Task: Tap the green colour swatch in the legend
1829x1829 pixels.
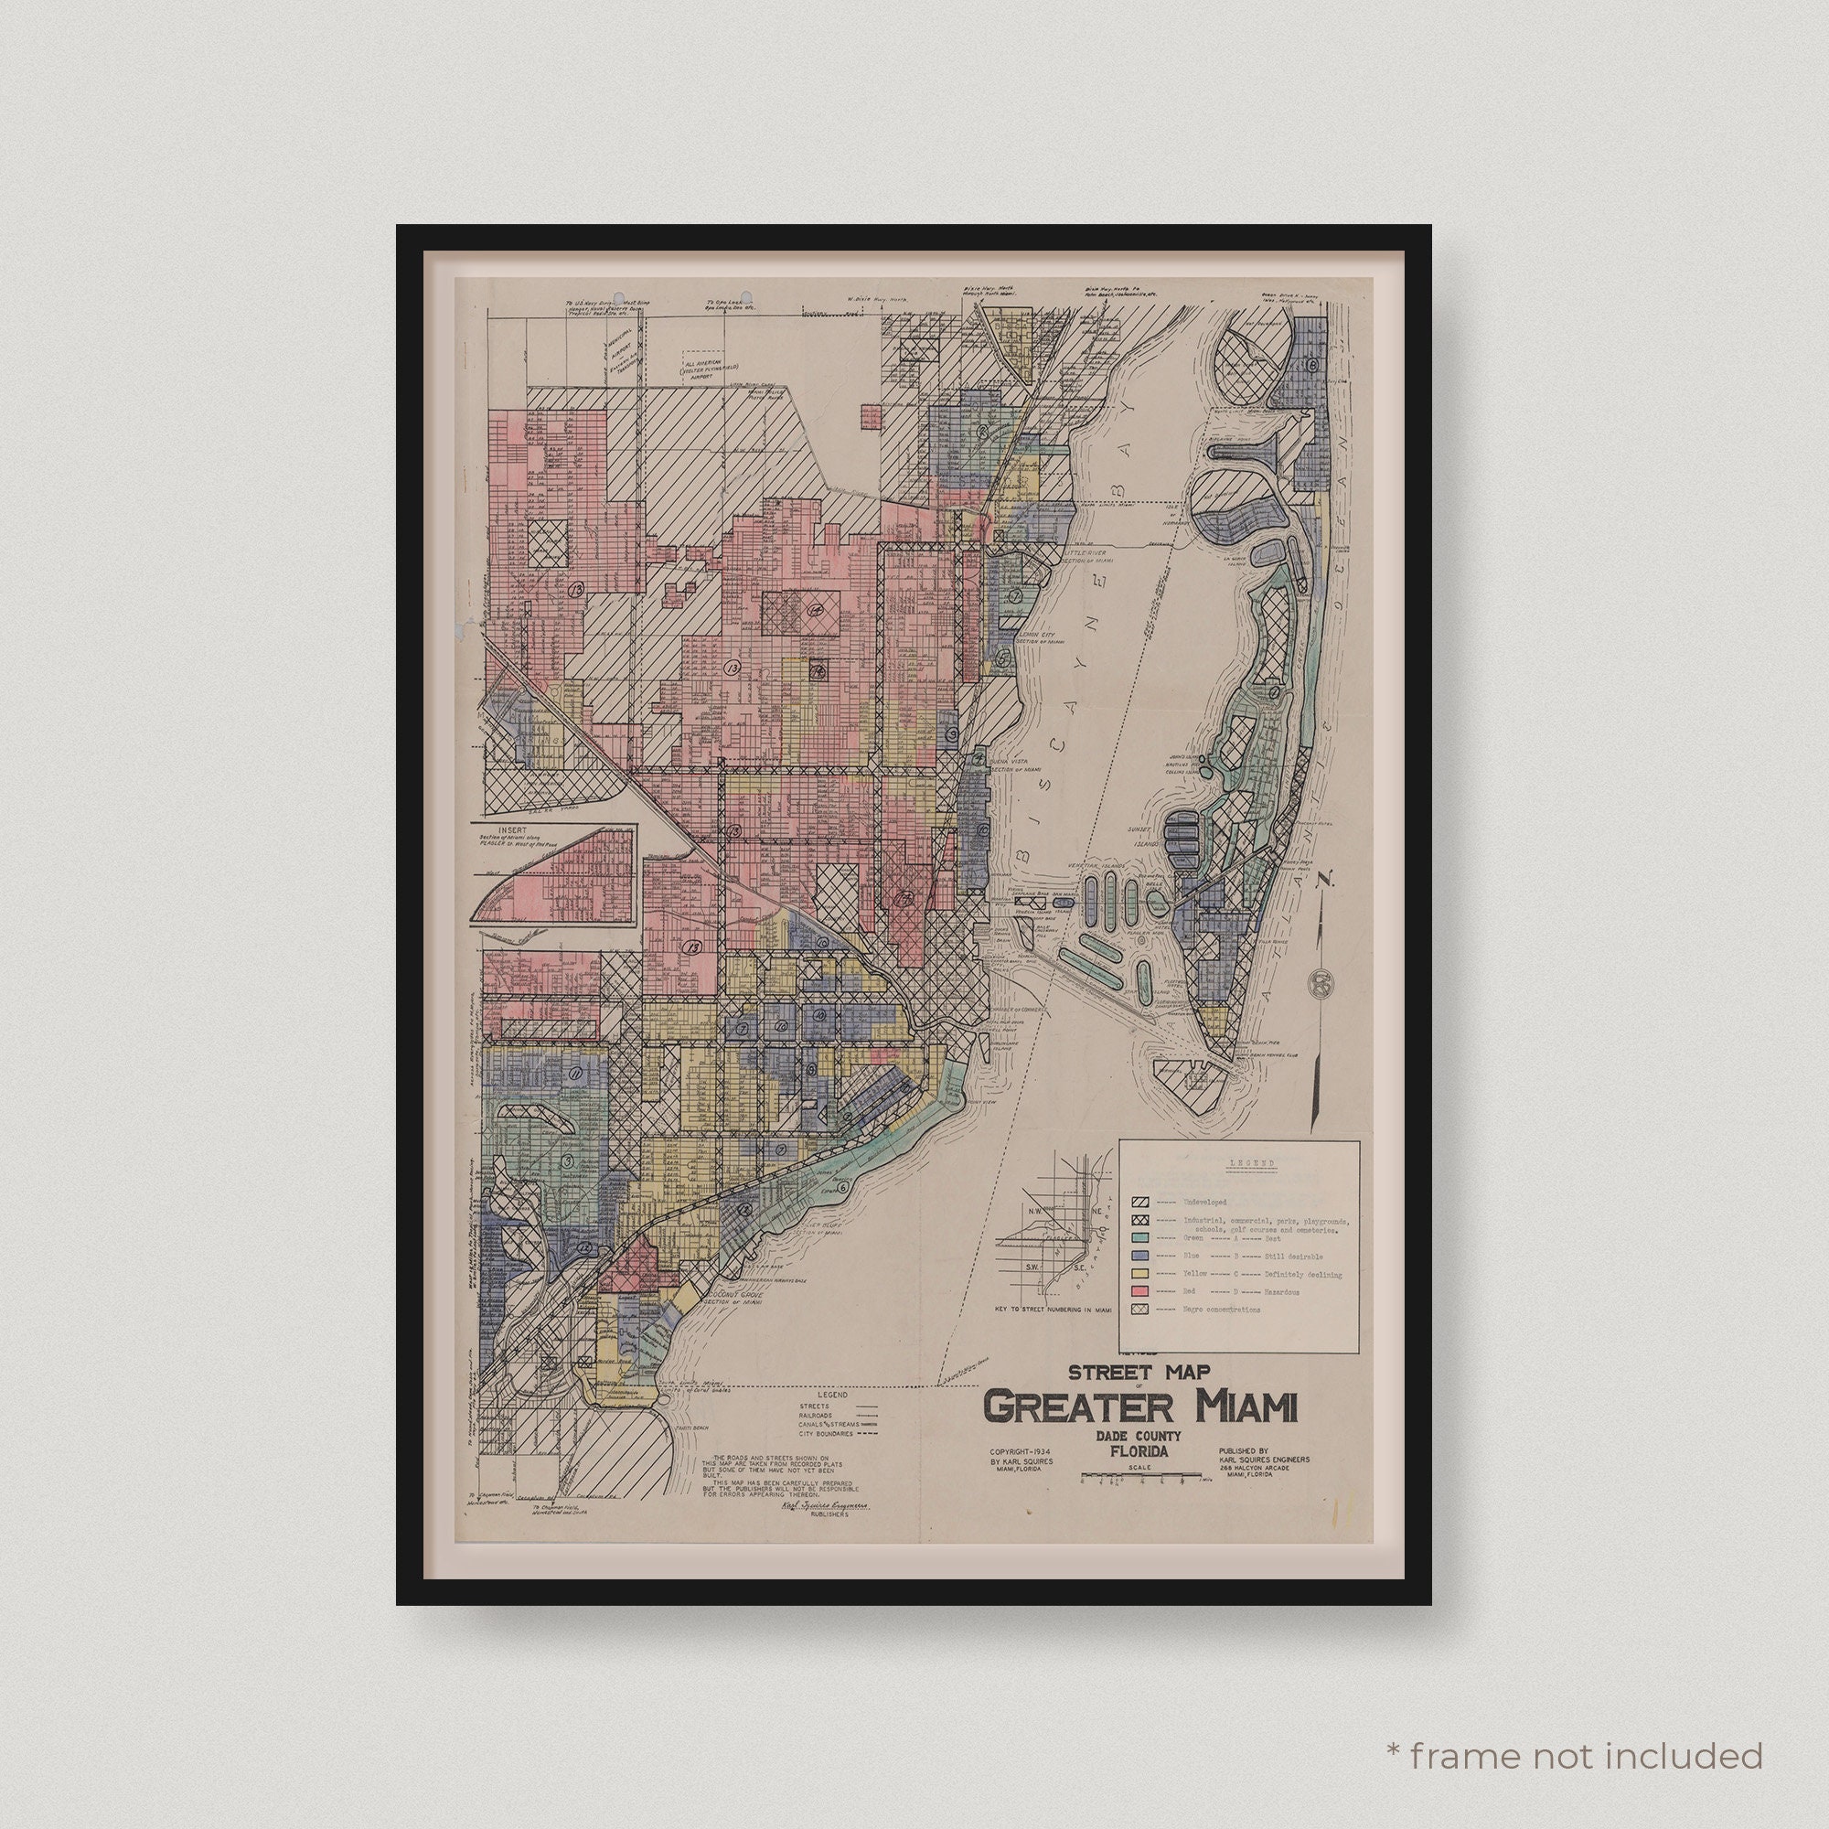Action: point(1139,1237)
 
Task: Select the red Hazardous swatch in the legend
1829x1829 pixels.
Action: point(1139,1291)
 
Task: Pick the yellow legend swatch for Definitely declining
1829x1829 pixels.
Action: point(1139,1273)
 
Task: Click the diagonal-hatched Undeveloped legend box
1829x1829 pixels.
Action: point(1139,1202)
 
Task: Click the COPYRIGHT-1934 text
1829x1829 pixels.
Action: point(1020,1478)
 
